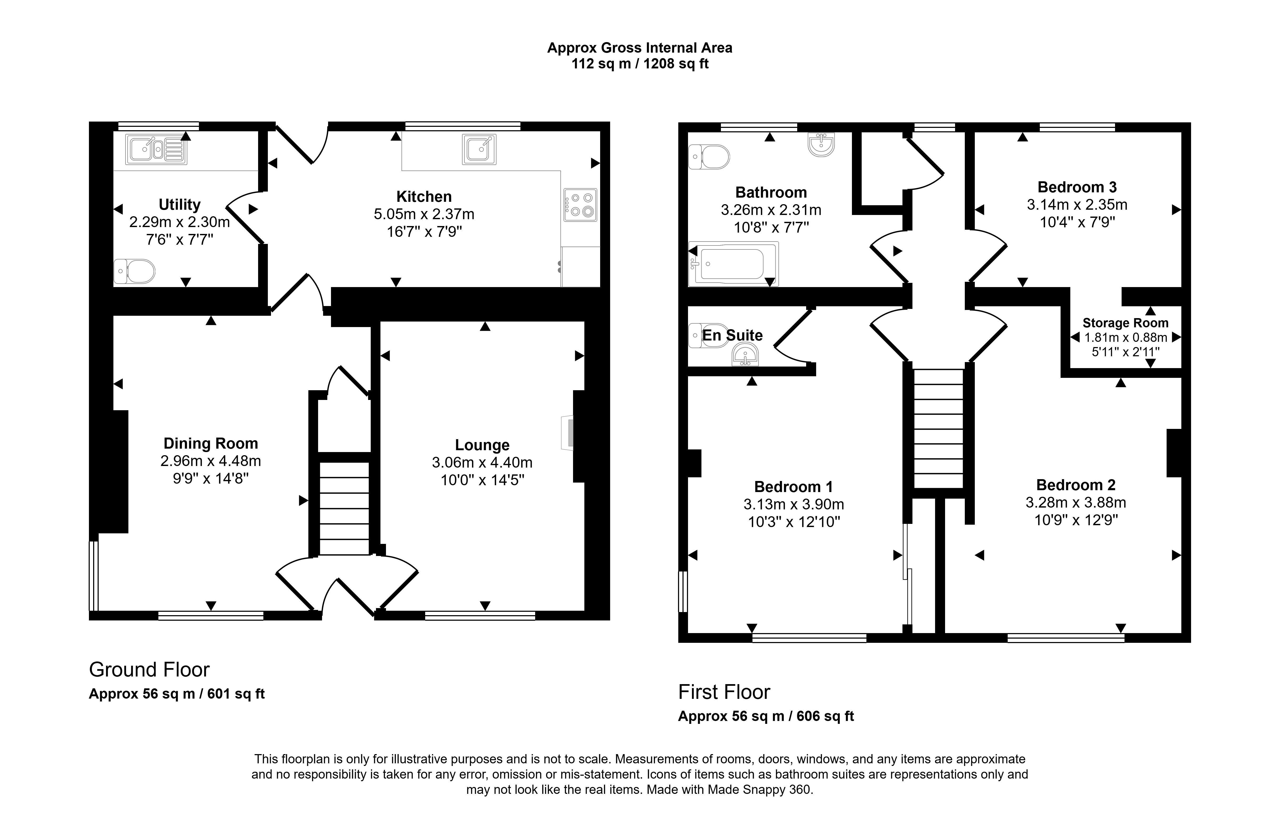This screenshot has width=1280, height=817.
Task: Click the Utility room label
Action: click(180, 205)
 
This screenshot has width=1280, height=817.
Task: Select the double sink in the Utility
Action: click(156, 149)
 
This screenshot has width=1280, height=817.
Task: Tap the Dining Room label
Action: click(211, 443)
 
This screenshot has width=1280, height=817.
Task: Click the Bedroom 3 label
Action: click(1077, 187)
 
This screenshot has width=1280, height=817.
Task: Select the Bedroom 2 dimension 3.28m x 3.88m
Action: click(1076, 502)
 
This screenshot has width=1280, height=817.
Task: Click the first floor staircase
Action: click(938, 428)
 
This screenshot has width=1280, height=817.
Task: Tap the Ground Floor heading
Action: click(149, 670)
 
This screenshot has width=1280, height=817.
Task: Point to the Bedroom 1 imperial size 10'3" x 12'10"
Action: click(794, 522)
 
